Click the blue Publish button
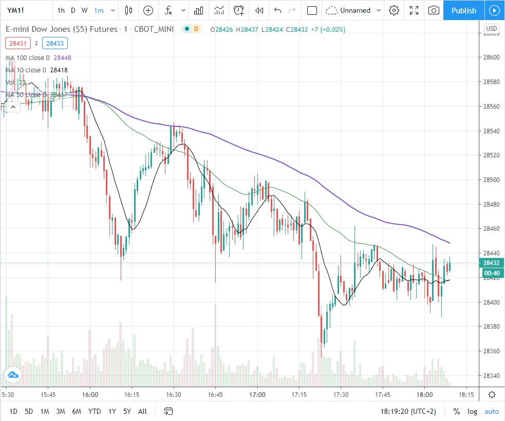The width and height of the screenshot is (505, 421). (463, 10)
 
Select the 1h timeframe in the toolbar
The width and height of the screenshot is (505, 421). (61, 10)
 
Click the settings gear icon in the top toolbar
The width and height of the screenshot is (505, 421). (394, 10)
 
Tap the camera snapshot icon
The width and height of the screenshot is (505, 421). (434, 10)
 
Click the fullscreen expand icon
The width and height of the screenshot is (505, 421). (414, 10)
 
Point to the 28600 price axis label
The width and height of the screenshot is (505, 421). (492, 57)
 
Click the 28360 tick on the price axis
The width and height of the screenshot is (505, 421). (492, 351)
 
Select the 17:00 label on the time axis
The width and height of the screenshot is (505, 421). (257, 395)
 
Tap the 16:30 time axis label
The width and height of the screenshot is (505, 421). (174, 395)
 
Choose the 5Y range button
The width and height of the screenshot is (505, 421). (127, 411)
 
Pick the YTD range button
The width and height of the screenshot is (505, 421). (94, 411)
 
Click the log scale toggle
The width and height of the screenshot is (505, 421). (472, 411)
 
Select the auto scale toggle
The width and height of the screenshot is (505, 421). (492, 411)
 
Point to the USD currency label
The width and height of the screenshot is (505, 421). (492, 29)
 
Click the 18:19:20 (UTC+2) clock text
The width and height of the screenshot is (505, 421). (409, 411)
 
